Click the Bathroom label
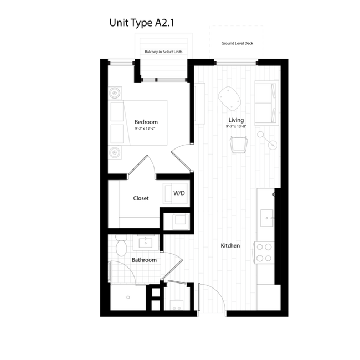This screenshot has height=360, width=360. [x=144, y=260]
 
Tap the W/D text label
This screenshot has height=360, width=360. [x=179, y=193]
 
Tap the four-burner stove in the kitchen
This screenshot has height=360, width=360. [x=264, y=253]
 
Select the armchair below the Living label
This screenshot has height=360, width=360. [x=239, y=145]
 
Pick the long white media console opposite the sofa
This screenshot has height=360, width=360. [x=200, y=104]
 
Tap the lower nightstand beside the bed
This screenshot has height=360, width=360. [x=115, y=152]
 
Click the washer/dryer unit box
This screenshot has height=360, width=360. [x=174, y=193]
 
